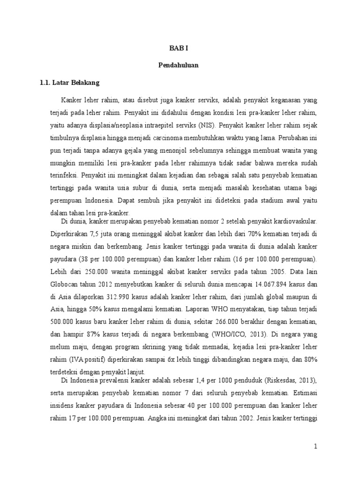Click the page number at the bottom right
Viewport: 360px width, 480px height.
point(316,447)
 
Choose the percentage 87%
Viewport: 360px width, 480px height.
point(90,335)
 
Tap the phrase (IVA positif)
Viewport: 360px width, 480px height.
point(87,360)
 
